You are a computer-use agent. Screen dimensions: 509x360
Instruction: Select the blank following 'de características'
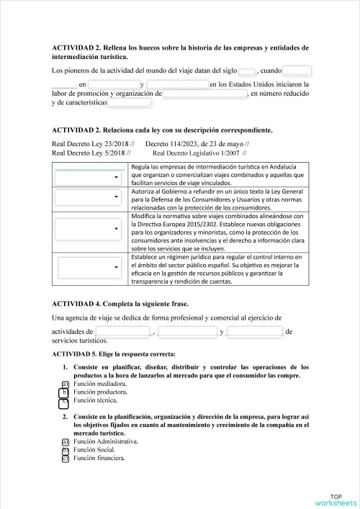[x=129, y=103]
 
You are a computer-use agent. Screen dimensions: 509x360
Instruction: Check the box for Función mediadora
[x=65, y=384]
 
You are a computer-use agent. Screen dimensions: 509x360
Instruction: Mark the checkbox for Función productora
[x=65, y=392]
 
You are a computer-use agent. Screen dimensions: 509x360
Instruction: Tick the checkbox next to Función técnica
[x=65, y=400]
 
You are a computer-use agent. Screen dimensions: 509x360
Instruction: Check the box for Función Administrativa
[x=65, y=441]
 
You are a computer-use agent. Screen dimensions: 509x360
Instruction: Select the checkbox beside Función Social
[x=65, y=449]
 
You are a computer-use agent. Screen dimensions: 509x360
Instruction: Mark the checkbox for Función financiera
[x=65, y=457]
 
